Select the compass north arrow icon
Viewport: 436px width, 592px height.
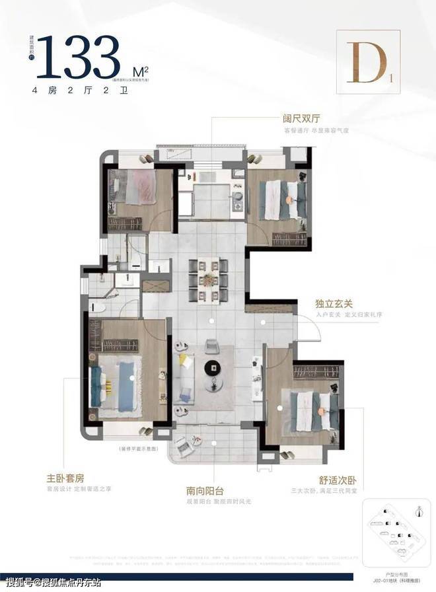[418, 510]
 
